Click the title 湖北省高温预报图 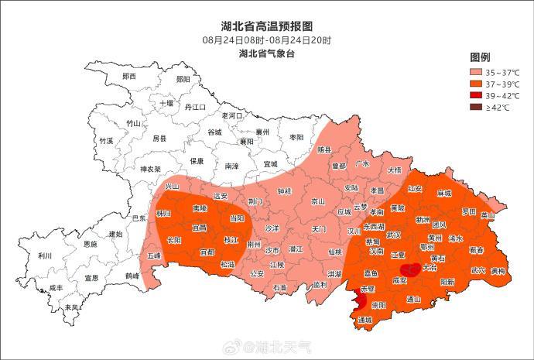coord(267,26)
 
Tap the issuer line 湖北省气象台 coord(267,53)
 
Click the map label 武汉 coord(394,235)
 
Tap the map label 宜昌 coord(200,228)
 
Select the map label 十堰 coord(166,103)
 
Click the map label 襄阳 coord(246,142)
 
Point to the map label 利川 coord(45,256)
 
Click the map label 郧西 coord(128,77)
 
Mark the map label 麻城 coord(443,193)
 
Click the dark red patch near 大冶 coord(412,269)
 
